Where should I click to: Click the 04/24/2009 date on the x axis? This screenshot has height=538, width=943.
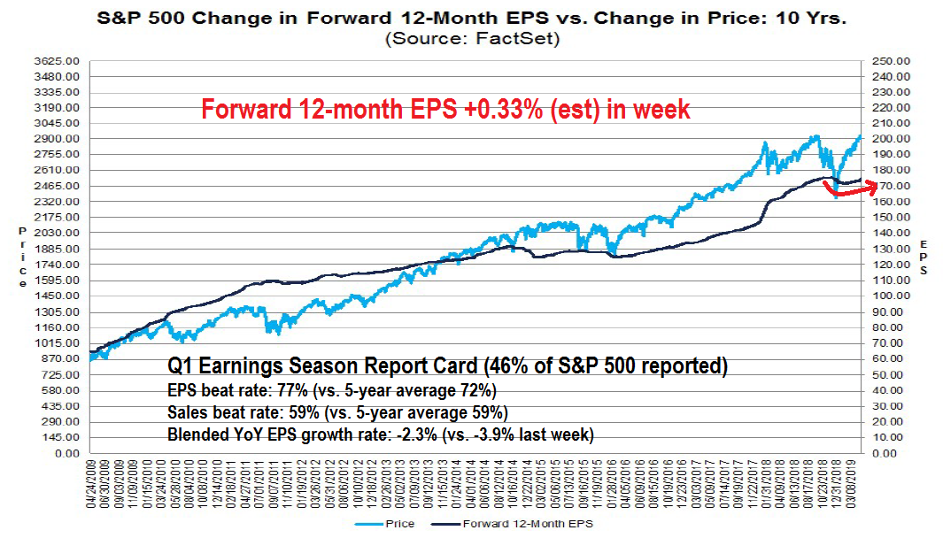pos(92,485)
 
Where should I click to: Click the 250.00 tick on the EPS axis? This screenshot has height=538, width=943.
pos(891,61)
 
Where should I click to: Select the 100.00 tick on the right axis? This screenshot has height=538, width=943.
pos(891,296)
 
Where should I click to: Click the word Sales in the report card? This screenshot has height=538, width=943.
pos(186,412)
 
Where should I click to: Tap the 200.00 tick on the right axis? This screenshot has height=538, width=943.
pos(891,139)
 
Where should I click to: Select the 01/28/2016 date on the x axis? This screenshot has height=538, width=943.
pos(612,485)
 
